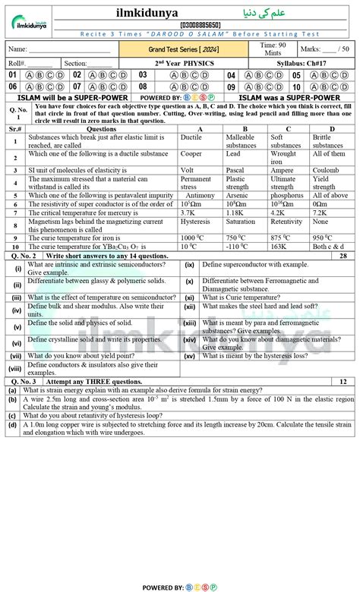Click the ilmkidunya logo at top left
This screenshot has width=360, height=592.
pyautogui.click(x=31, y=17)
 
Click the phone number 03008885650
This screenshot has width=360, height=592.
pyautogui.click(x=179, y=24)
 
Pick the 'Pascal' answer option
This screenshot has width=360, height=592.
pyautogui.click(x=237, y=170)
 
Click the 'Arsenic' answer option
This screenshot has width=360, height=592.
pyautogui.click(x=238, y=195)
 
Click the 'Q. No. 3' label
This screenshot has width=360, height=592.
pyautogui.click(x=23, y=382)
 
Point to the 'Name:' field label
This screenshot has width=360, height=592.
pyautogui.click(x=17, y=49)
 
